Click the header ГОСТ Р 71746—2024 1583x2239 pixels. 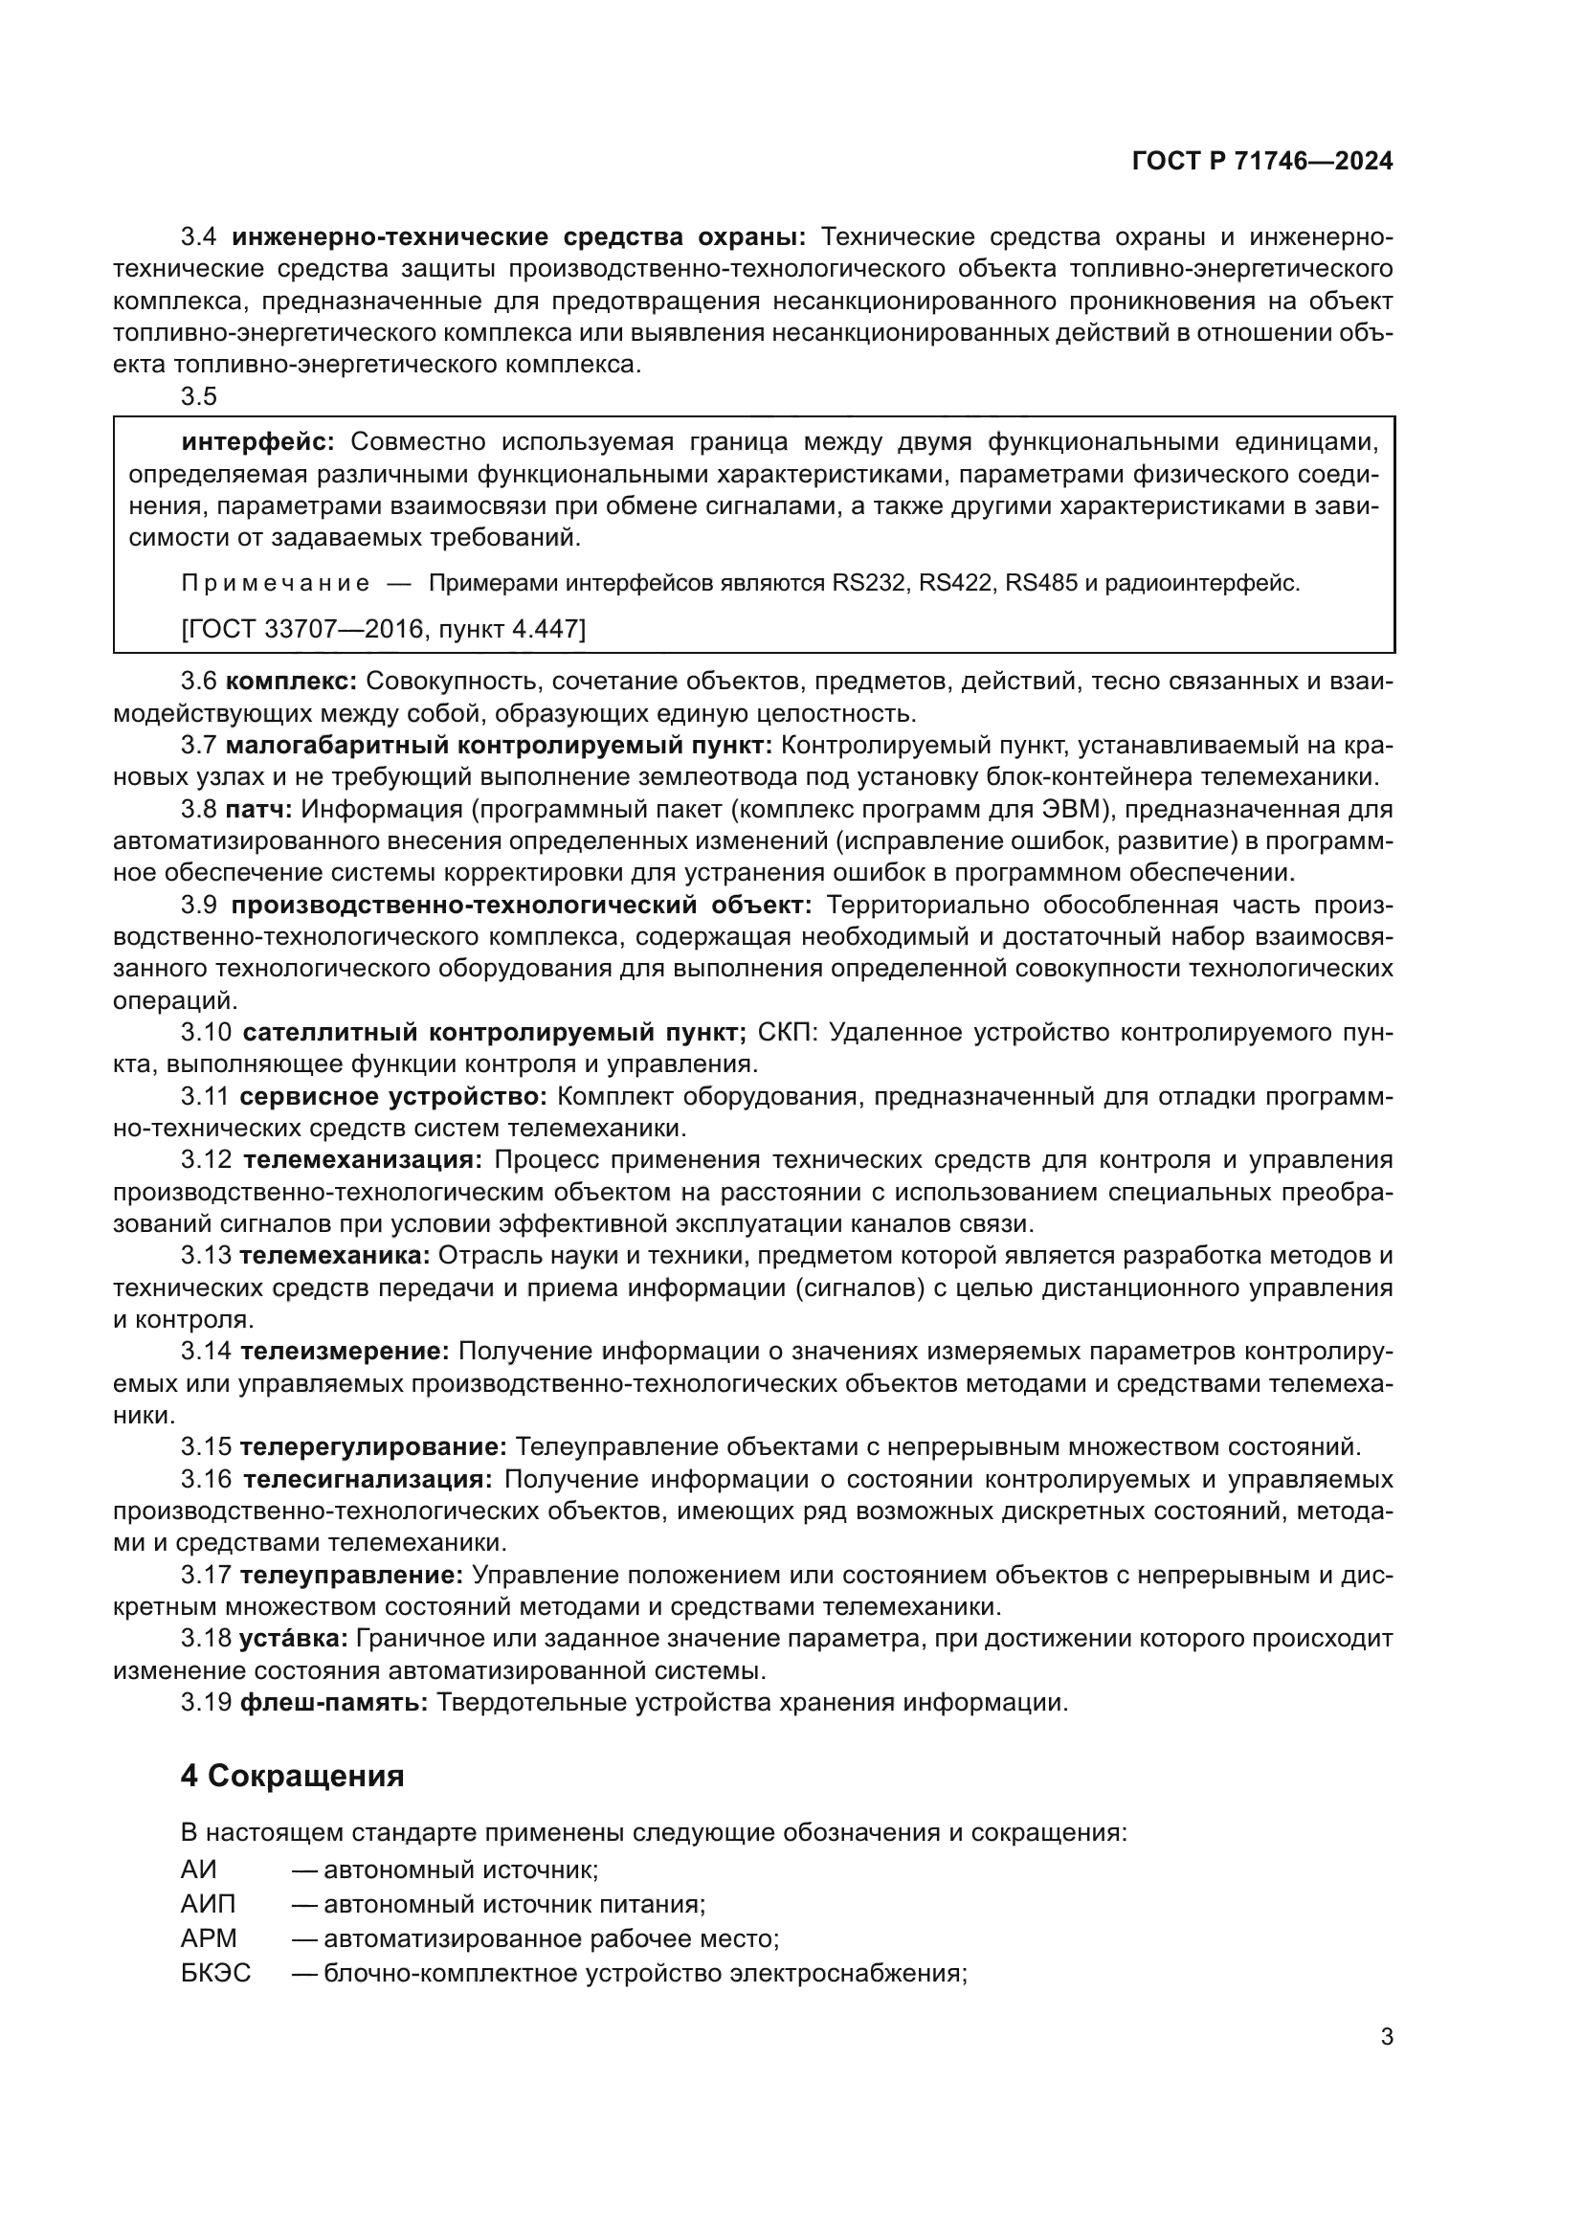(x=1261, y=162)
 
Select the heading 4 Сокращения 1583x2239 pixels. (x=293, y=1776)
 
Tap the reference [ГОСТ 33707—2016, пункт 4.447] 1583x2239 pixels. (x=383, y=629)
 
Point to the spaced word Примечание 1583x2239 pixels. (x=275, y=584)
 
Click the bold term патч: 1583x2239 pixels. (x=258, y=810)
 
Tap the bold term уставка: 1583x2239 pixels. (x=294, y=1638)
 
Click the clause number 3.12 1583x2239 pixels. (x=206, y=1160)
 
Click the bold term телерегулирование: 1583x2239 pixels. (x=373, y=1447)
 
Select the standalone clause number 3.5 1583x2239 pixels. (x=199, y=397)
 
